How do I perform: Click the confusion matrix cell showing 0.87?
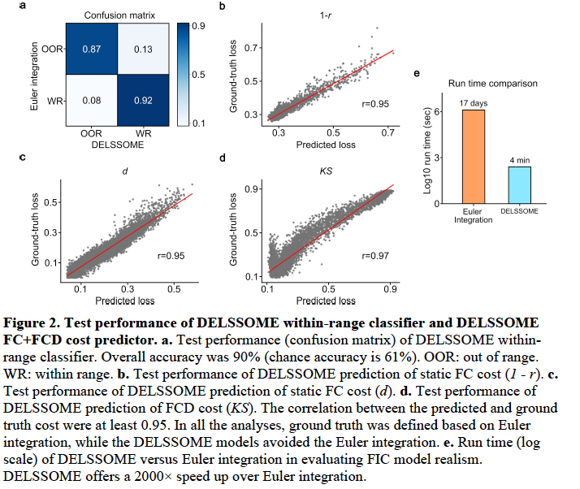(92, 50)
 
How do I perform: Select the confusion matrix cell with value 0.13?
(144, 50)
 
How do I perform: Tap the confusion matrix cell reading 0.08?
(92, 101)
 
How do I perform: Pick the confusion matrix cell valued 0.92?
(144, 101)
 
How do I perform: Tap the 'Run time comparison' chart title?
(491, 83)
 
